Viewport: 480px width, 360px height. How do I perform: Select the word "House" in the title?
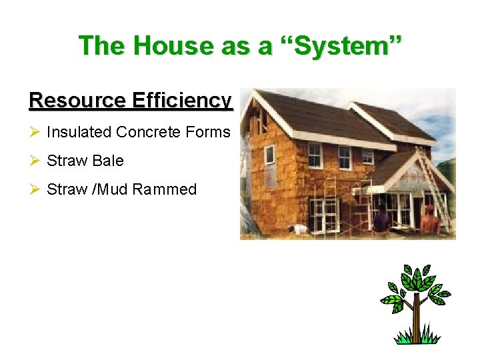[x=169, y=46]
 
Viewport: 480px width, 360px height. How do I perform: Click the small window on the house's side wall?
[x=269, y=155]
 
